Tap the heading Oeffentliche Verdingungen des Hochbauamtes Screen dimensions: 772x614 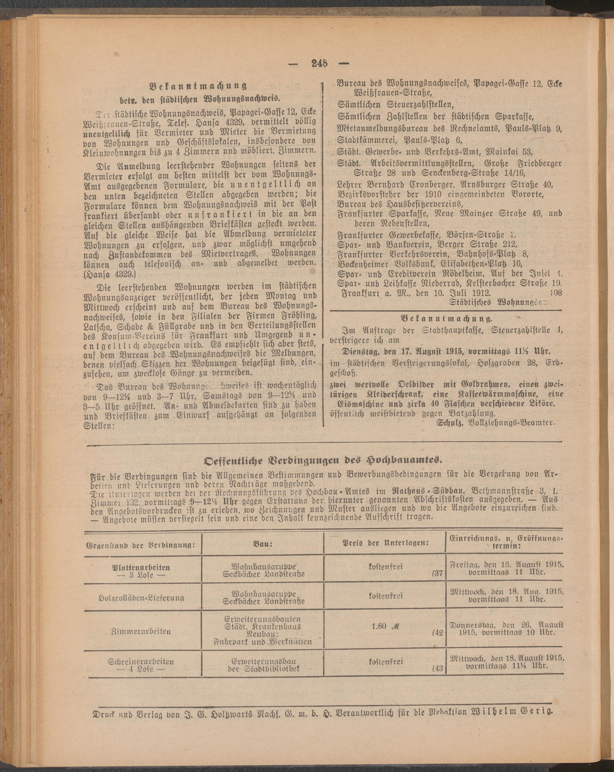[x=324, y=460]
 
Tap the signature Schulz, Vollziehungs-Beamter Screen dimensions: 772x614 [x=496, y=422]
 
